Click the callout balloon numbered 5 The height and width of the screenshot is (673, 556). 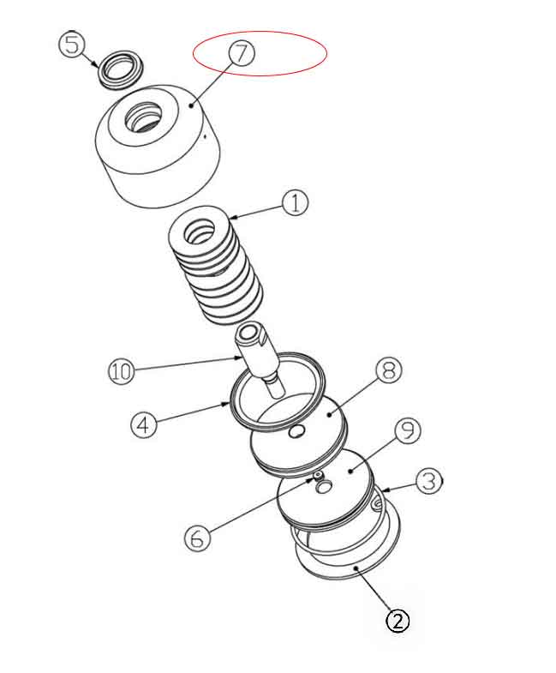point(71,43)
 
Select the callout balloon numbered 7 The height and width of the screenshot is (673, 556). point(242,52)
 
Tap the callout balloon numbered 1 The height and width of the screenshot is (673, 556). point(295,204)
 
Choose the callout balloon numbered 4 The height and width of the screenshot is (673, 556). point(144,424)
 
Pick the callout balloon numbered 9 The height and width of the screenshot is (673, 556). point(406,430)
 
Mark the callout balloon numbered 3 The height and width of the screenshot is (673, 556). point(429,481)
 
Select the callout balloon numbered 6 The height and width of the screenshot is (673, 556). point(197,538)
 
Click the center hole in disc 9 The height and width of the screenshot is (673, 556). point(325,487)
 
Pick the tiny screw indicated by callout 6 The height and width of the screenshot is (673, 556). point(317,475)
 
